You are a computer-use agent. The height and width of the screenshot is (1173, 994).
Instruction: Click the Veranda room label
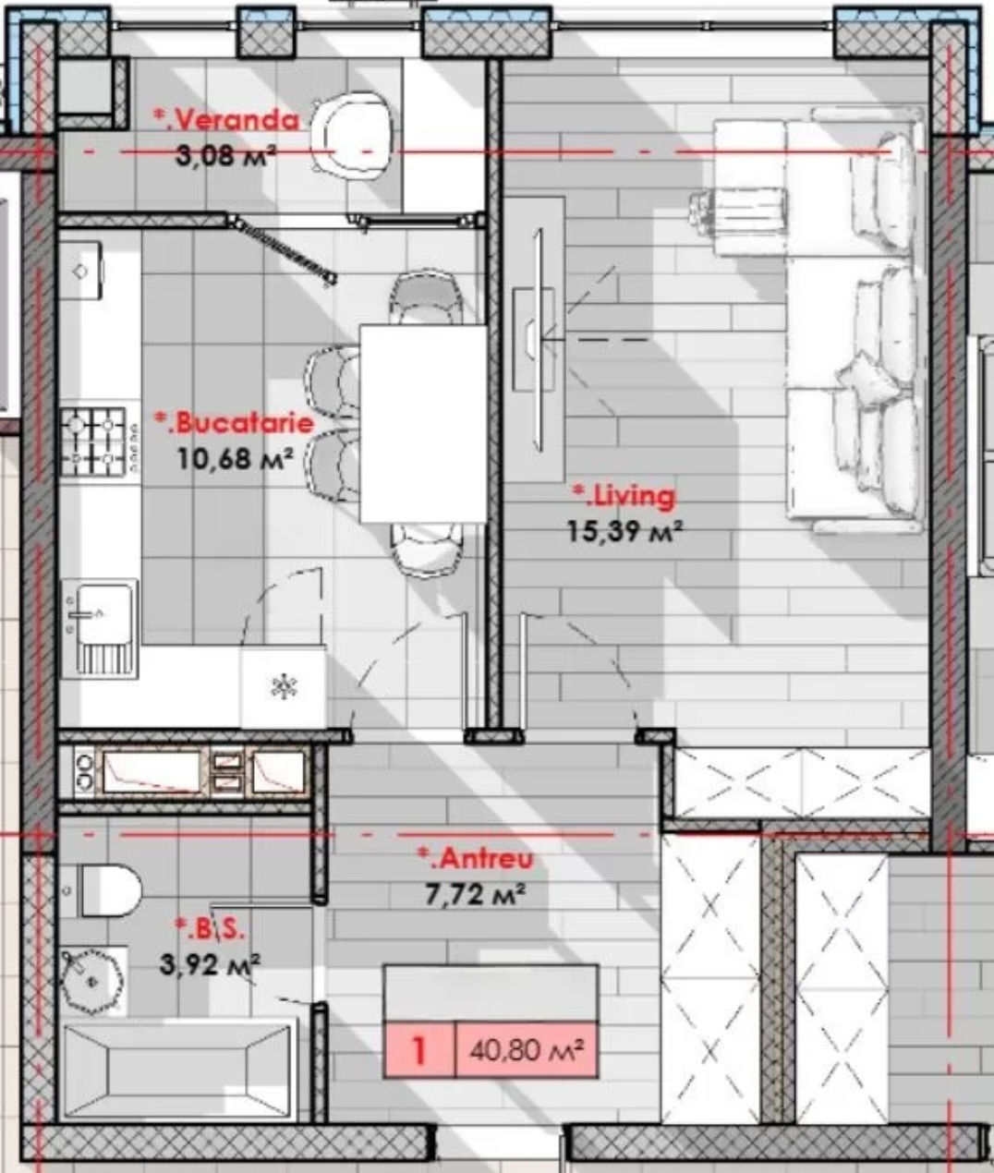(x=226, y=120)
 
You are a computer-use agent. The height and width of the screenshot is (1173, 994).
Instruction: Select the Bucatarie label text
(x=234, y=423)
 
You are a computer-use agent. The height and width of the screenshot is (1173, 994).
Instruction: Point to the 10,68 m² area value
(x=236, y=458)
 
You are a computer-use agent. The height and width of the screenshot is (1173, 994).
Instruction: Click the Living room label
(x=624, y=497)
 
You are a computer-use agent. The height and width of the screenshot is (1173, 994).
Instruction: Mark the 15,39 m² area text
(x=624, y=532)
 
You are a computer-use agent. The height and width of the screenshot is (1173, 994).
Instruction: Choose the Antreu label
(x=476, y=858)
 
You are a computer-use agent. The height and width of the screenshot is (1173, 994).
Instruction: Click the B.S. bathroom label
(x=210, y=929)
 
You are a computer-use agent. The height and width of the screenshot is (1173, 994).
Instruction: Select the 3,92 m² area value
(x=210, y=964)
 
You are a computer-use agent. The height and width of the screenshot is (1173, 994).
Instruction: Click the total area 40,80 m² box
(x=527, y=1050)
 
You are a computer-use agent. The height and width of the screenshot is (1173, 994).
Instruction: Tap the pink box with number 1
(x=419, y=1050)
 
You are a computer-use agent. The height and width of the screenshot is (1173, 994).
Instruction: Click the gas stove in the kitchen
(x=100, y=441)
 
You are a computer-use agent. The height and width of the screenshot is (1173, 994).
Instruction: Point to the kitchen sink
(x=100, y=628)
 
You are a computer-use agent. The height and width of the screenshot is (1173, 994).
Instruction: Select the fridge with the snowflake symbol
(x=283, y=688)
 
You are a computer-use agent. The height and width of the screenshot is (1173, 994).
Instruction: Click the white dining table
(x=423, y=423)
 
